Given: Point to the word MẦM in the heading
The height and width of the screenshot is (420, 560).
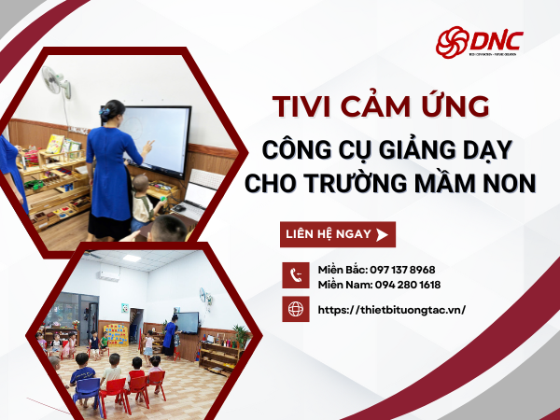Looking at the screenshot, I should click(441, 183).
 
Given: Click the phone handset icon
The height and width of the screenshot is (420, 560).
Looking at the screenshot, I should click(296, 275).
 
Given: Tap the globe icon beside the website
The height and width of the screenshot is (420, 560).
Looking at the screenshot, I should click(296, 309).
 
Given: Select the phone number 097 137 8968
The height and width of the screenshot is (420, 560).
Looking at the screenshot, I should click(402, 270).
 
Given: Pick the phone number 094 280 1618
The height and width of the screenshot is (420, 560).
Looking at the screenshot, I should click(407, 285).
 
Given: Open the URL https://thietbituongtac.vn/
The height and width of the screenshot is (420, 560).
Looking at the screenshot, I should click(391, 309).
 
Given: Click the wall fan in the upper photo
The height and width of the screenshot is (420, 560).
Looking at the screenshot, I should click(55, 82).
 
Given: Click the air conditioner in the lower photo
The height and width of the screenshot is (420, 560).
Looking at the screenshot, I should click(108, 275).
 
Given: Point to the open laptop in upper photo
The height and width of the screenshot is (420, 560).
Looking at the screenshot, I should click(202, 193).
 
